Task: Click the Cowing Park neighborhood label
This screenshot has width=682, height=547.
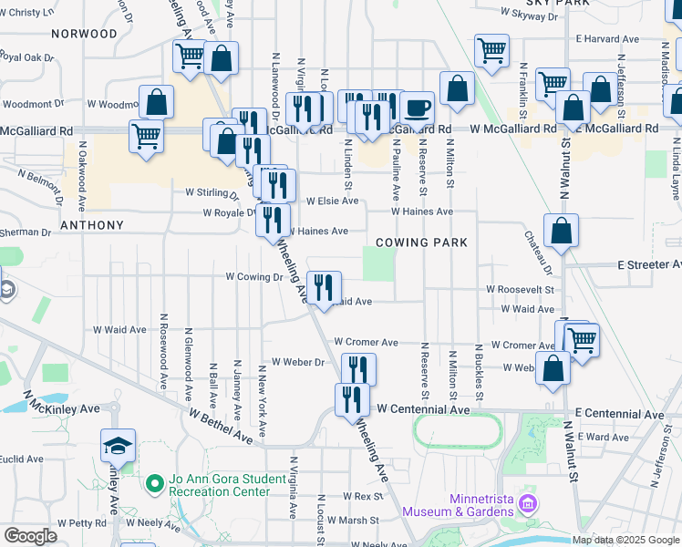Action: pos(421,243)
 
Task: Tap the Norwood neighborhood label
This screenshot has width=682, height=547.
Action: pos(85,33)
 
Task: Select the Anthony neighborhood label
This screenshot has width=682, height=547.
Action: pos(91,224)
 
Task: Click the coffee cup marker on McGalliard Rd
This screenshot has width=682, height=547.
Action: pos(417,108)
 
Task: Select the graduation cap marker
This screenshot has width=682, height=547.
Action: pos(118,445)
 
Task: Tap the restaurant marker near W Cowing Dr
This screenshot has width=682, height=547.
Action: pos(324,287)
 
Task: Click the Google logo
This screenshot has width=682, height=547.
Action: pos(29,536)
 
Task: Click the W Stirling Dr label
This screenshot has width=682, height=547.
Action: pos(211,192)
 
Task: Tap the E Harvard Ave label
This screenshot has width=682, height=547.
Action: pos(607,39)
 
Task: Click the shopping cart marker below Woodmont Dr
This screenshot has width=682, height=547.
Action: pos(146,137)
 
